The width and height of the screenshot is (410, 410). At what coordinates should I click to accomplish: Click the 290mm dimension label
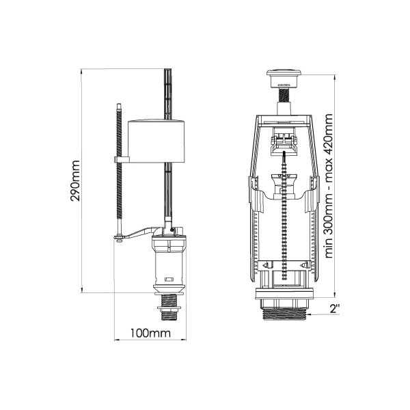(x=75, y=180)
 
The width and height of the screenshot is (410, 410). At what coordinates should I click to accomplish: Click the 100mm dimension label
(x=150, y=333)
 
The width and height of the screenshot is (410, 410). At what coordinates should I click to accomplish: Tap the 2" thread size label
(x=334, y=309)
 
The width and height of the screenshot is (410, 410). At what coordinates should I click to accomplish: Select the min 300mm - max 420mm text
(x=329, y=186)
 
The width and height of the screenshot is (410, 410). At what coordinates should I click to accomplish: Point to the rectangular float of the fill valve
(x=156, y=141)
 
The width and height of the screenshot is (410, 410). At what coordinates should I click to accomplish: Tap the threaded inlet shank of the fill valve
(x=169, y=307)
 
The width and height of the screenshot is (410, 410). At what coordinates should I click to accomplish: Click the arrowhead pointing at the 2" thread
(x=309, y=314)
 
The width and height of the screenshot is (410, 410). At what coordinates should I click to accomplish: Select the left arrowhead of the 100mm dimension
(x=117, y=340)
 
